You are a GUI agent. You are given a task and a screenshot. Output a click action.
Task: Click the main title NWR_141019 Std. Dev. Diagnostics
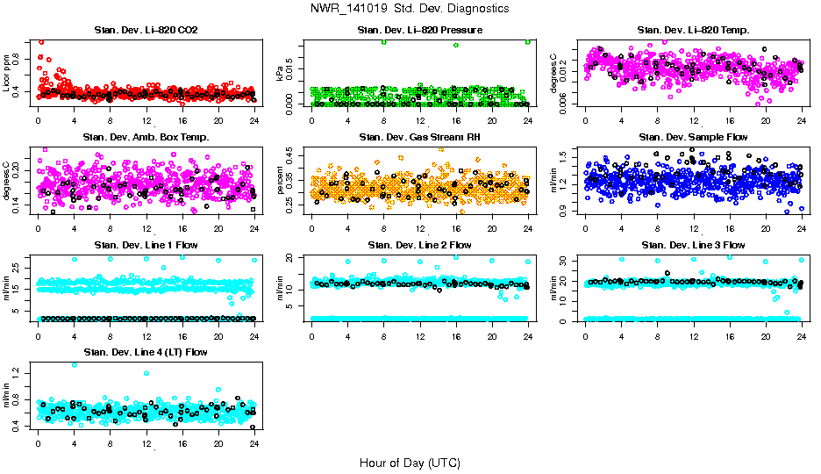coord(410,8)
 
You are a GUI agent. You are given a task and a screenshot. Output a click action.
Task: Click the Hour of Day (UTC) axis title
coord(410,462)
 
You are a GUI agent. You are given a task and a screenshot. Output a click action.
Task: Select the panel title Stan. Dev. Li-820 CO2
coord(146,31)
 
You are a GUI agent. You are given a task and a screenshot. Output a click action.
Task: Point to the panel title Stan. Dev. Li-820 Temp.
coord(693,31)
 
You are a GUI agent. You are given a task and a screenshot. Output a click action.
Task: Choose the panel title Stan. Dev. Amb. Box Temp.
coord(146,138)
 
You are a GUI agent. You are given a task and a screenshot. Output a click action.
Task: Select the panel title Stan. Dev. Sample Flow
coord(693,138)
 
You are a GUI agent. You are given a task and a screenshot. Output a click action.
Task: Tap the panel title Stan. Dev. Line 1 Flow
coord(146,245)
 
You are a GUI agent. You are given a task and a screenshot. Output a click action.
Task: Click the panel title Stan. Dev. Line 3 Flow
coord(693,245)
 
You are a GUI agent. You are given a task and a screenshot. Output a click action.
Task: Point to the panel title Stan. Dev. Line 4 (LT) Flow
coord(146,352)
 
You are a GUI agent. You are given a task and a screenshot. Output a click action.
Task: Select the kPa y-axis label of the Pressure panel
coord(281,73)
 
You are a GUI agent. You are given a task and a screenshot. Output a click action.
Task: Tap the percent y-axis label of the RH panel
coord(281,180)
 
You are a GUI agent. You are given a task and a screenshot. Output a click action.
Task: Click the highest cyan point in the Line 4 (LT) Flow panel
coord(74,365)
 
